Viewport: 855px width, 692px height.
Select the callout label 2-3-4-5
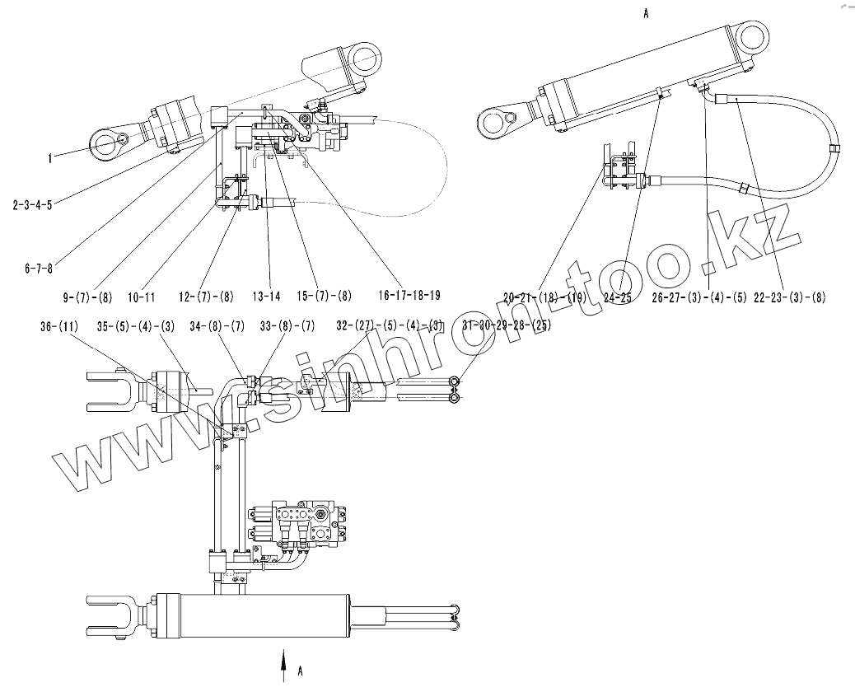33,204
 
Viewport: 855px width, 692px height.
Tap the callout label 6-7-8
39,267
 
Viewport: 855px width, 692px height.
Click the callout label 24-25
617,297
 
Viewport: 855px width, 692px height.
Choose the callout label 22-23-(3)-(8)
789,297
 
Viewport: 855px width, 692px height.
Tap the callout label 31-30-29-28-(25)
506,325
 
